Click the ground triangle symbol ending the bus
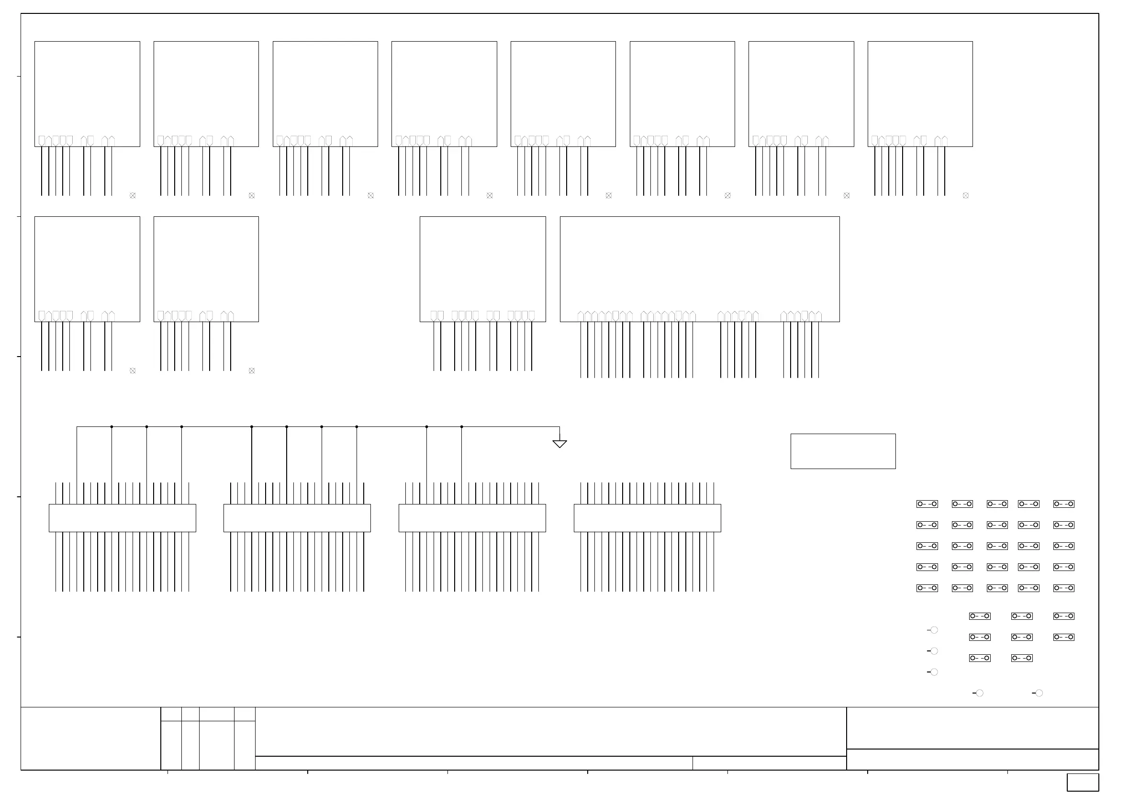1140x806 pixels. pyautogui.click(x=559, y=444)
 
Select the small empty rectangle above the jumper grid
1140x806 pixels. pyautogui.click(x=843, y=451)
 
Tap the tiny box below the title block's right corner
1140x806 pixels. pyautogui.click(x=1083, y=782)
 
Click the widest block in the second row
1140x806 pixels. pyautogui.click(x=700, y=269)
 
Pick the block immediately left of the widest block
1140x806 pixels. pyautogui.click(x=482, y=269)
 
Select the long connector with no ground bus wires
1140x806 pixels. pyautogui.click(x=647, y=518)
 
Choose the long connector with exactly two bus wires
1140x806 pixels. pyautogui.click(x=472, y=518)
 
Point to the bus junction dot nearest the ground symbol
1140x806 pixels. pyautogui.click(x=462, y=426)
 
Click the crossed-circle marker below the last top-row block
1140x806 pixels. pyautogui.click(x=966, y=196)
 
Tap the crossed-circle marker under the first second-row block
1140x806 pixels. pyautogui.click(x=133, y=370)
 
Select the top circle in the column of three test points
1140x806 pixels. pyautogui.click(x=934, y=630)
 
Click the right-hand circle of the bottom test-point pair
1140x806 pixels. pyautogui.click(x=1039, y=693)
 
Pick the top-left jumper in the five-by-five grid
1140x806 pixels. pyautogui.click(x=927, y=504)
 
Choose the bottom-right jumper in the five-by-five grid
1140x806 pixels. pyautogui.click(x=1063, y=588)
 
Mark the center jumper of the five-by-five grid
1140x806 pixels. pyautogui.click(x=997, y=546)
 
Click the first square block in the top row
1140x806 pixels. pyautogui.click(x=87, y=94)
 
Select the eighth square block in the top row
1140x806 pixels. pyautogui.click(x=920, y=94)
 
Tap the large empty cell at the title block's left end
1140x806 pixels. pyautogui.click(x=90, y=739)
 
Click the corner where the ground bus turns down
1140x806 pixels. pyautogui.click(x=77, y=426)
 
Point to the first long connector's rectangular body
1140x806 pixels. pyautogui.click(x=122, y=518)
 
